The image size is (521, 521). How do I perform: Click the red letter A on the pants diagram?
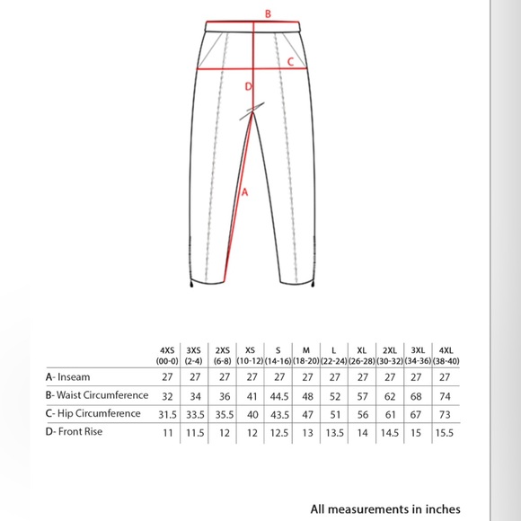(243, 190)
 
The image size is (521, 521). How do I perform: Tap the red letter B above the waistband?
(267, 13)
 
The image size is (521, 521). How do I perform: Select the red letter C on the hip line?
(289, 62)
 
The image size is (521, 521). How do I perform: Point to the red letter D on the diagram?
(249, 87)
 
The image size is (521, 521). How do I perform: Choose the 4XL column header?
(446, 355)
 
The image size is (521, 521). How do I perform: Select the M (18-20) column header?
(306, 355)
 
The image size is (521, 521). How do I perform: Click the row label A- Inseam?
(72, 376)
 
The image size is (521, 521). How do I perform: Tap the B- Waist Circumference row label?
(97, 395)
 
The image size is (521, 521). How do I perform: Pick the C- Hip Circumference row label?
(93, 414)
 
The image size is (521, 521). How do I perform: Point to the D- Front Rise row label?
(79, 432)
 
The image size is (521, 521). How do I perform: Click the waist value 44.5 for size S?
(278, 395)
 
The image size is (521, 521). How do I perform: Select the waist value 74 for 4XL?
(446, 395)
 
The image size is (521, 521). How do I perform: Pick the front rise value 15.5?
(446, 432)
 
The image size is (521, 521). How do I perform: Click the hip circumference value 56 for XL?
(362, 414)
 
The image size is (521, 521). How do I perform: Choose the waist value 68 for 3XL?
(418, 395)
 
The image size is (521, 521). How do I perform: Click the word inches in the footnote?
(441, 508)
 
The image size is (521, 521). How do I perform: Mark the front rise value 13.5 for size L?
(334, 432)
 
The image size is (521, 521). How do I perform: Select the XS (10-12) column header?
(251, 355)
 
